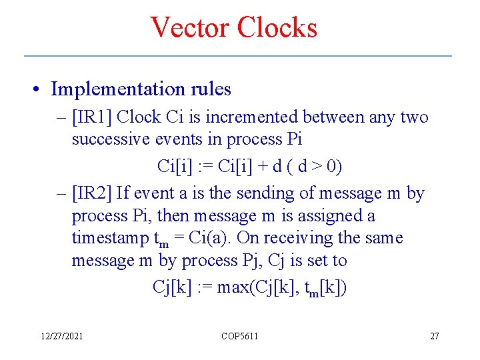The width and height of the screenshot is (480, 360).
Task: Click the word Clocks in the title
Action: pos(276,27)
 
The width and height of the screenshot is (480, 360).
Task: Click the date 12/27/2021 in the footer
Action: pos(61,336)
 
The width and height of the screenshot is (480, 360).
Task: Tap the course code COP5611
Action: pos(239,336)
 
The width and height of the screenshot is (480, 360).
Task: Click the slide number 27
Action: pos(434,336)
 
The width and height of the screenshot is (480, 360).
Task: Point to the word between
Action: pos(333,117)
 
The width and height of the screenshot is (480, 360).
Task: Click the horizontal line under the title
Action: pos(238,55)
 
